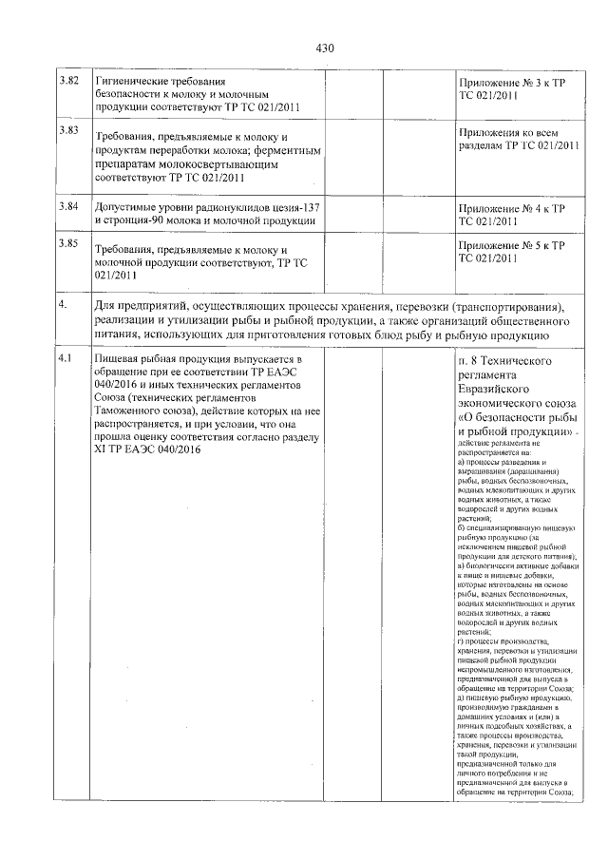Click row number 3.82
coord(67,82)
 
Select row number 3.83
coord(67,129)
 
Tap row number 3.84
coord(67,205)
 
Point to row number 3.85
coord(67,244)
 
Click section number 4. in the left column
coord(62,305)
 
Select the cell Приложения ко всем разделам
coord(517,139)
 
